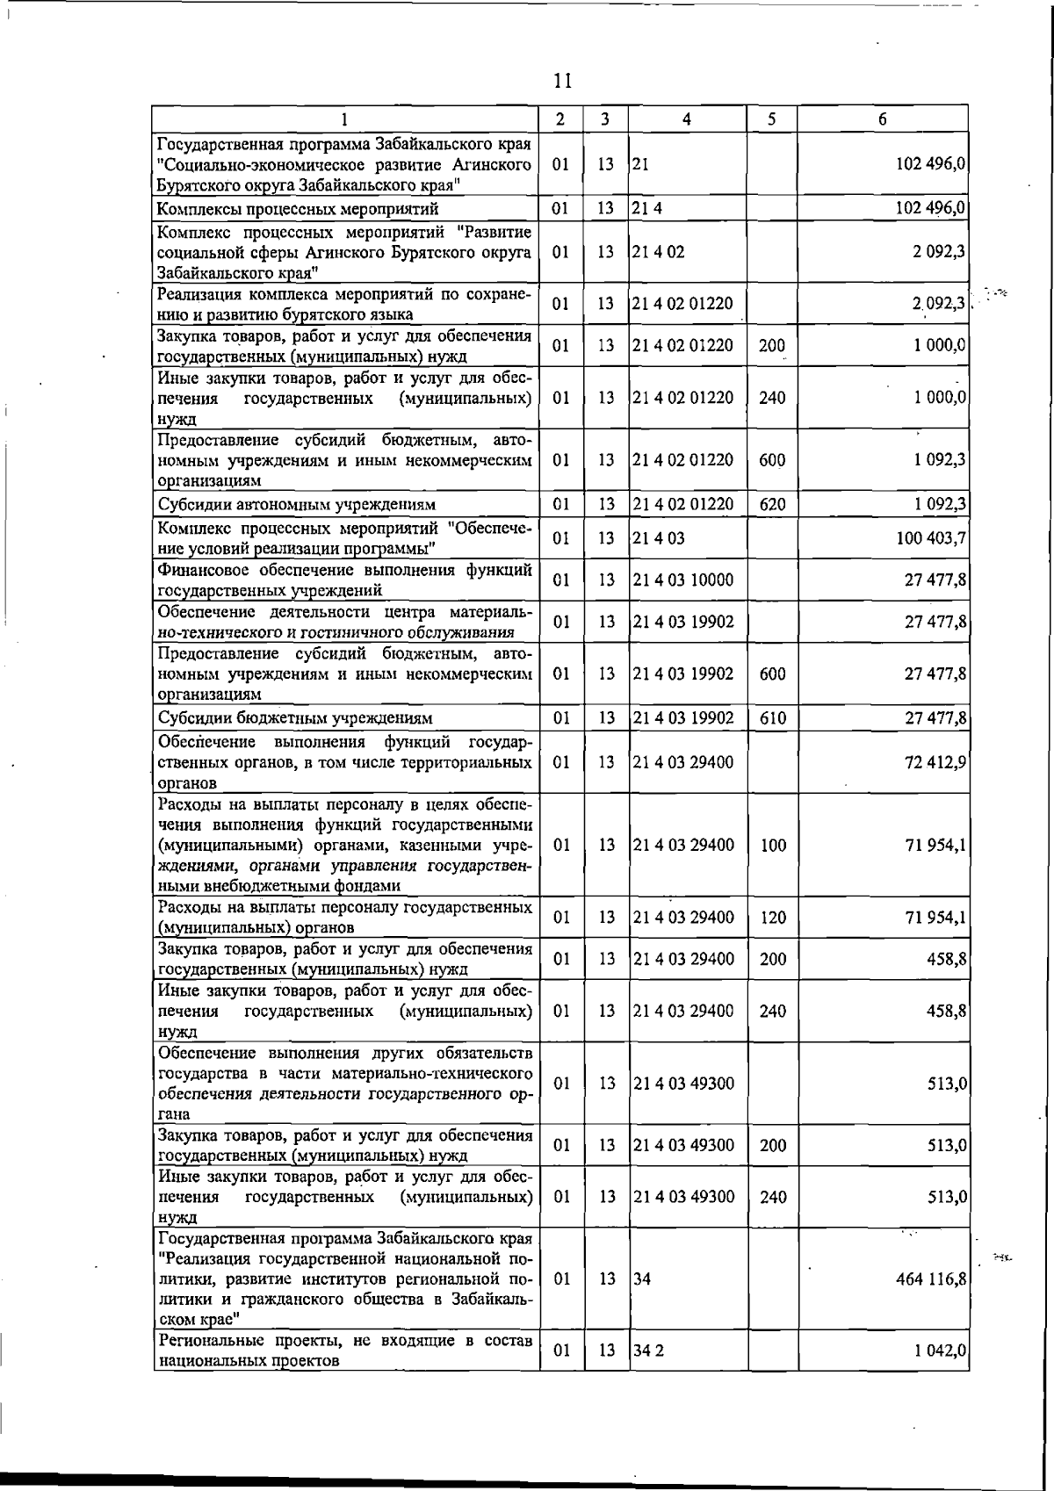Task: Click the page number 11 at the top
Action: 563,81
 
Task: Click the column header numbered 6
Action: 882,119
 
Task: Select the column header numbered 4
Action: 686,119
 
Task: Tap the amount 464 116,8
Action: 931,1279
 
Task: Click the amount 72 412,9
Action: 935,761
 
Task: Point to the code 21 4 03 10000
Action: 683,580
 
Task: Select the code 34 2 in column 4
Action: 648,1351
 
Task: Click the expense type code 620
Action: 772,504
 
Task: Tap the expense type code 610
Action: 772,718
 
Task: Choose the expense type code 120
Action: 772,918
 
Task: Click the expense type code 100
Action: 772,846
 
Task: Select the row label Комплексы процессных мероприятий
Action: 298,209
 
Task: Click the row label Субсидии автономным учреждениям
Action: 296,504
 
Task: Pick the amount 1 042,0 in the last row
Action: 940,1351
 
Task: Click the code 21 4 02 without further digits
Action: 658,252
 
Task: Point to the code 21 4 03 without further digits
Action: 658,538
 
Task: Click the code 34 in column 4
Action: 642,1279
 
